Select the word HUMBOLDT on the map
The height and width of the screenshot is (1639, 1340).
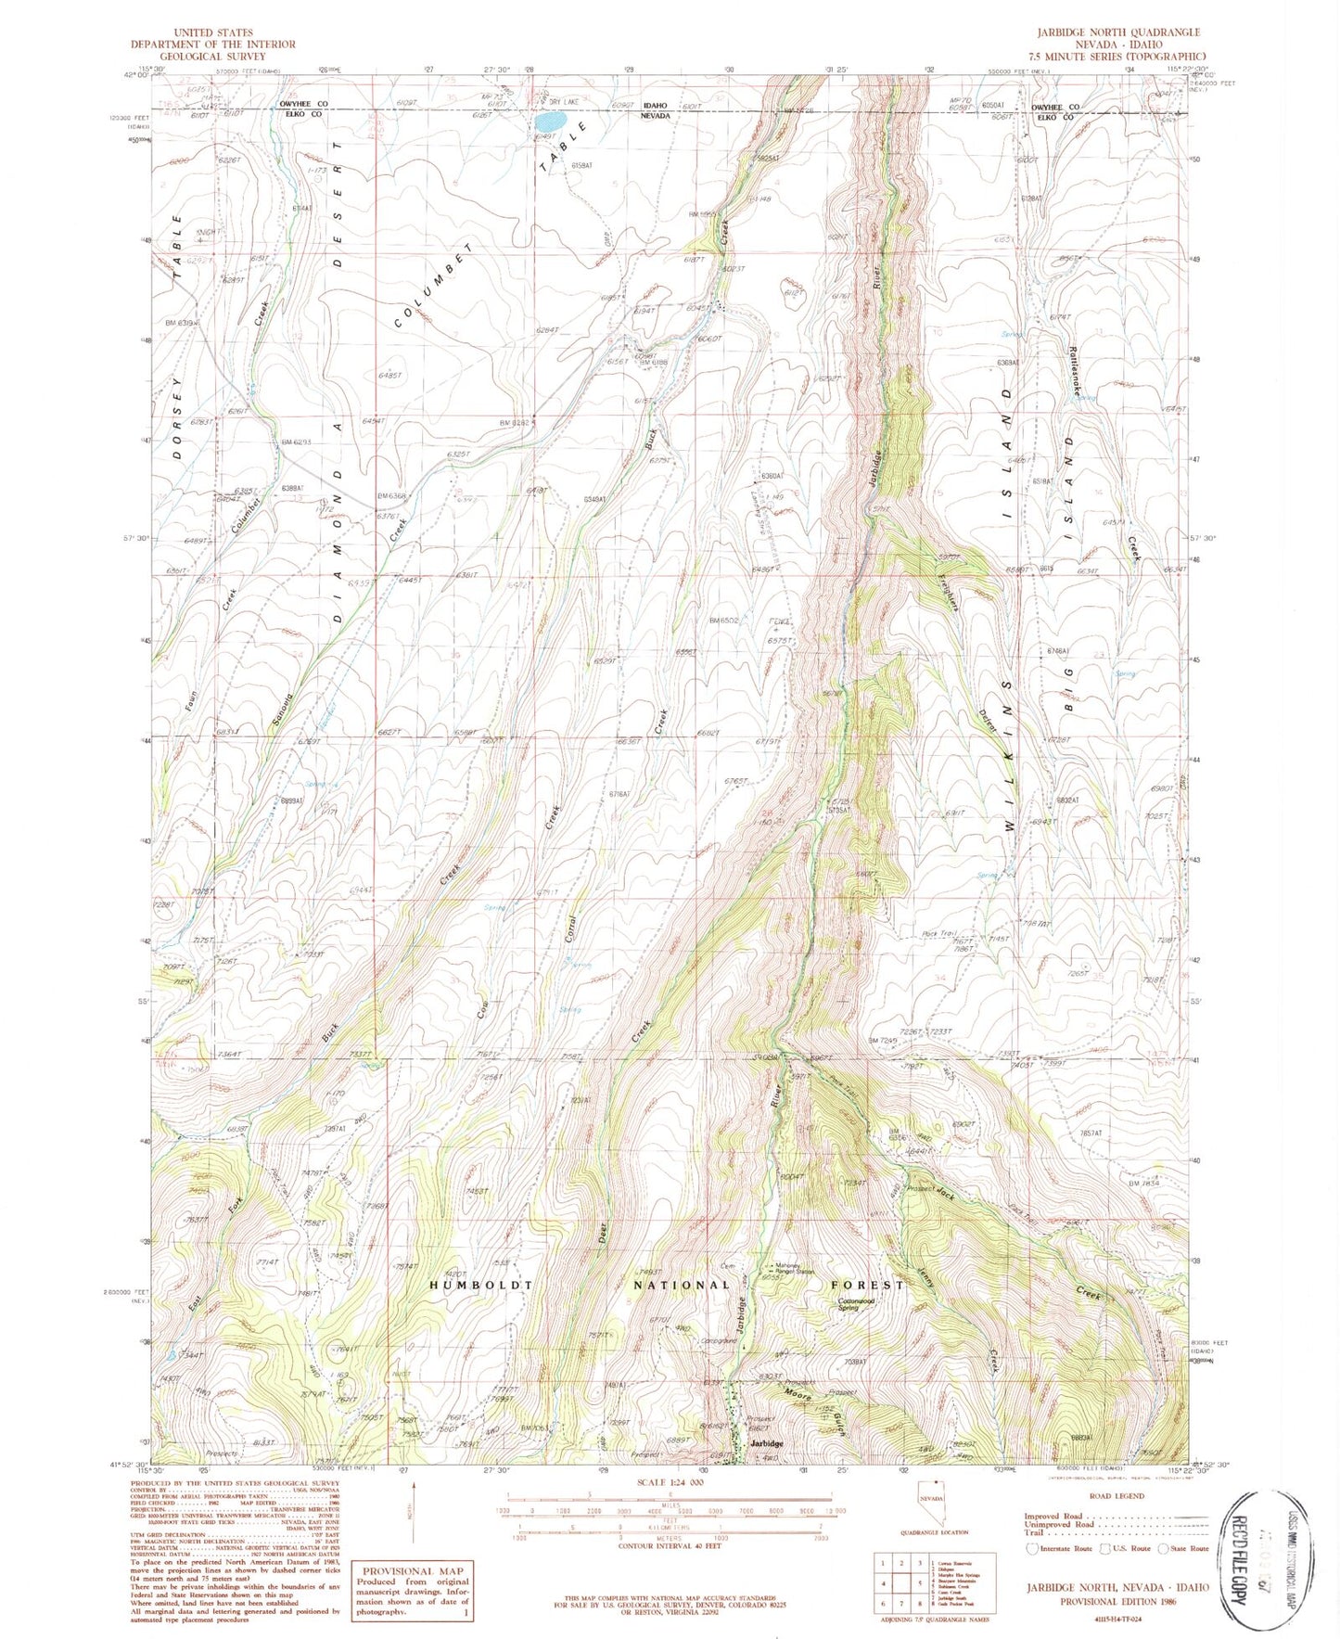point(481,1286)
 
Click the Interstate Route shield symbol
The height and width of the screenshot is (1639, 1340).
point(1032,1548)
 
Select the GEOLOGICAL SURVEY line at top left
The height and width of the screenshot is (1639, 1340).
point(212,56)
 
